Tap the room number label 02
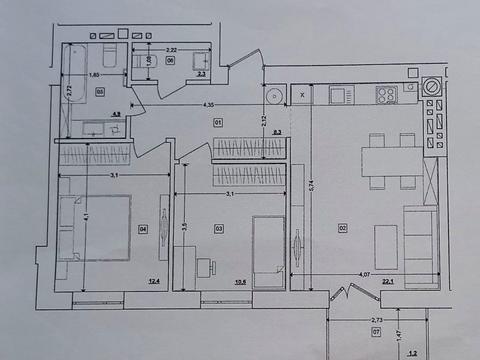tap(343, 229)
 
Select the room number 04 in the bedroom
tap(143, 229)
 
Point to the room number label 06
tap(170, 61)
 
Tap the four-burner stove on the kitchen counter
tap(387, 94)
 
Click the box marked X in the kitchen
tap(302, 96)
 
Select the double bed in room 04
tap(96, 229)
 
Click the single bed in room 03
tap(266, 249)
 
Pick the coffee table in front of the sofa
tap(386, 246)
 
